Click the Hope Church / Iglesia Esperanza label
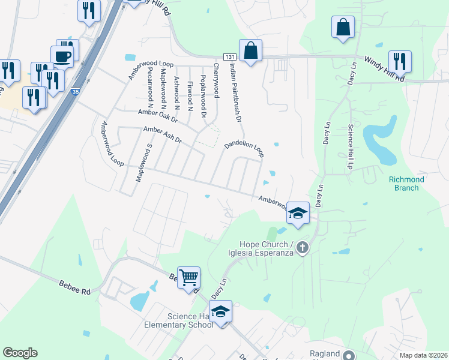pyautogui.click(x=267, y=248)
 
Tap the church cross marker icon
pyautogui.click(x=303, y=247)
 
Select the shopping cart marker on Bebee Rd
pyautogui.click(x=189, y=278)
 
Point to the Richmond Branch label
pyautogui.click(x=406, y=183)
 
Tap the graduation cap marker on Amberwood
pyautogui.click(x=297, y=213)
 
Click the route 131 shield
pyautogui.click(x=231, y=56)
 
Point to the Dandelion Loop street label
pyautogui.click(x=244, y=149)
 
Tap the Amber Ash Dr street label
pyautogui.click(x=161, y=134)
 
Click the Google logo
pyautogui.click(x=20, y=353)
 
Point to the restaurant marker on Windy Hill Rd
pyautogui.click(x=399, y=61)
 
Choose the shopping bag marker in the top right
pyautogui.click(x=342, y=27)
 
